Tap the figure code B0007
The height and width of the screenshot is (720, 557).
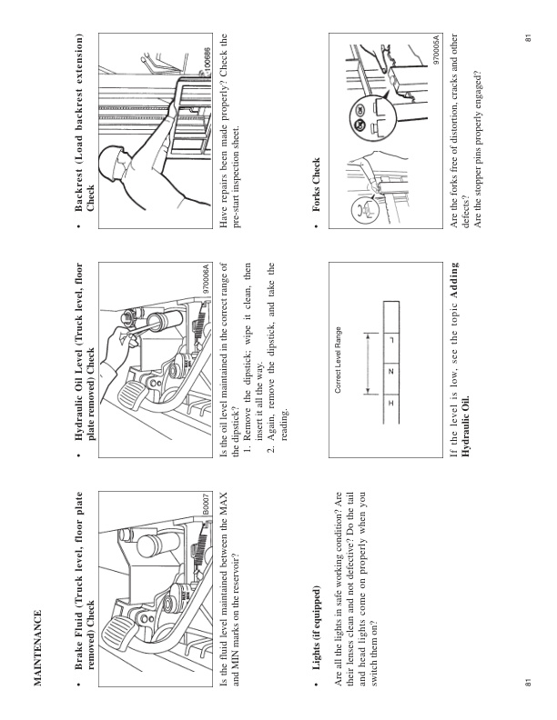click(207, 502)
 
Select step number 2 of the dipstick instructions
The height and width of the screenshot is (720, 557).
click(271, 450)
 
